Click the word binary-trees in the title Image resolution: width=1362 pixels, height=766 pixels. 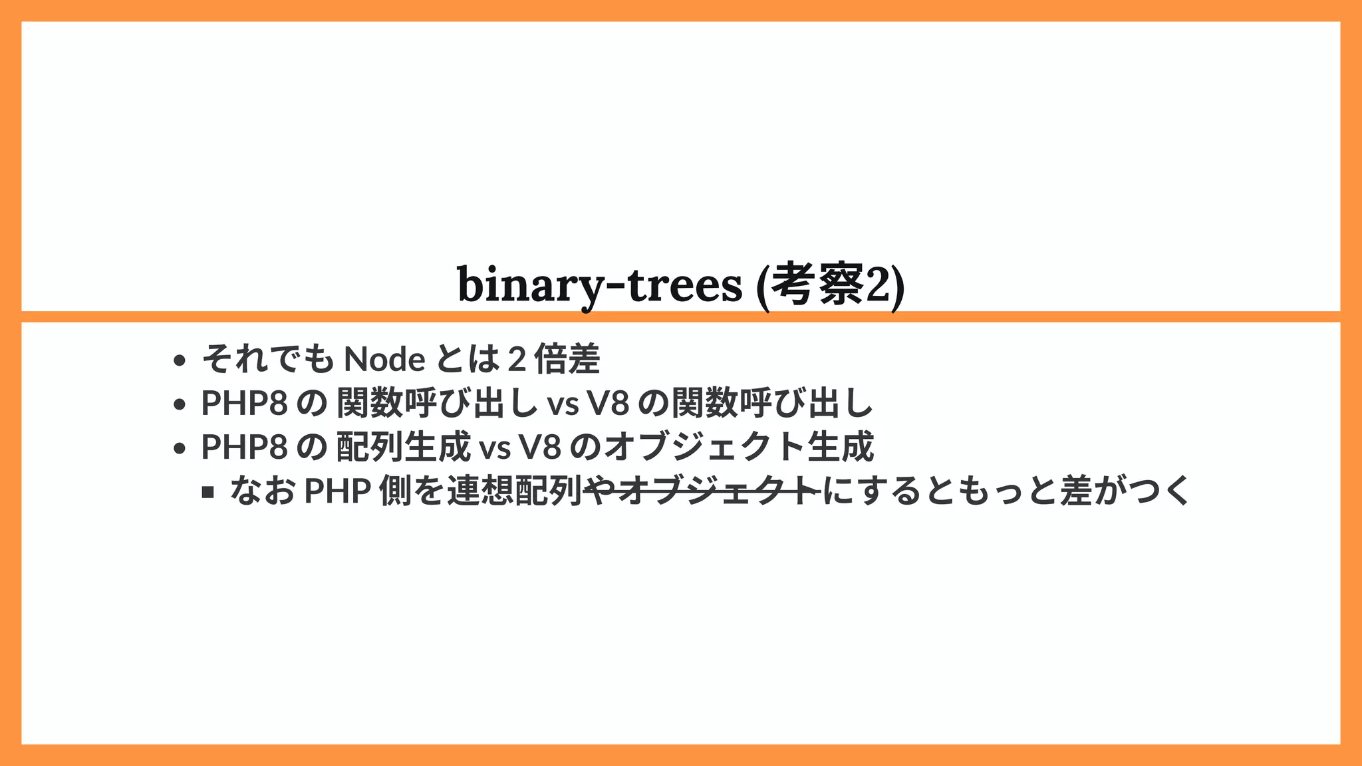click(599, 285)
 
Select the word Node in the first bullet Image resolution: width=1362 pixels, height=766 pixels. click(384, 360)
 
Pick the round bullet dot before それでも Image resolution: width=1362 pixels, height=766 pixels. click(178, 361)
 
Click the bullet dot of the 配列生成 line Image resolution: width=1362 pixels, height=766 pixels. click(178, 449)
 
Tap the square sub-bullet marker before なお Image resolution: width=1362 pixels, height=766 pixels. click(208, 493)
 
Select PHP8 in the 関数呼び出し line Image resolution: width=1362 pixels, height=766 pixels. click(244, 404)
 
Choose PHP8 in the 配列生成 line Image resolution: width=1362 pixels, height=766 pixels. click(244, 447)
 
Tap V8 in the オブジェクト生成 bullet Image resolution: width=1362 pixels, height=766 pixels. click(540, 447)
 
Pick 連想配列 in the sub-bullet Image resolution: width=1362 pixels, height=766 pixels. click(515, 491)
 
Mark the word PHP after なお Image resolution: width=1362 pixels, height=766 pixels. click(337, 491)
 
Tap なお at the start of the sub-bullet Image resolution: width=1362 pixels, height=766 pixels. click(263, 491)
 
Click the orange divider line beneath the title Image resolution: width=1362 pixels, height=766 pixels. click(681, 317)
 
